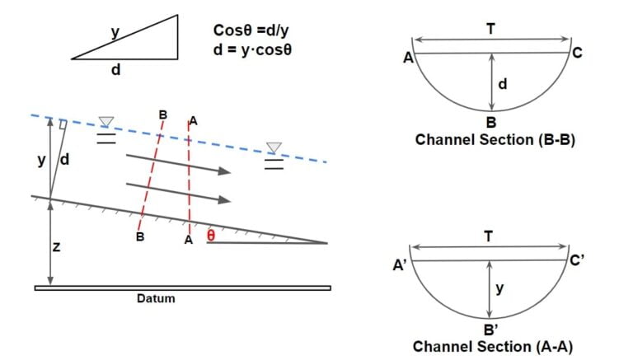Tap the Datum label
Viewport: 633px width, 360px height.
[x=156, y=298]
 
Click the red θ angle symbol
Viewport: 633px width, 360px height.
[x=211, y=236]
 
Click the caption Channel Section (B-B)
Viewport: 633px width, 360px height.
[x=495, y=139]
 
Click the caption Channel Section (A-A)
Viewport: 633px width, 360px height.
[x=492, y=347]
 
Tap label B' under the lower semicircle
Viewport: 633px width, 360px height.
[x=493, y=330]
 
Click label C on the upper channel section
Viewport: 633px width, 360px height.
[x=577, y=54]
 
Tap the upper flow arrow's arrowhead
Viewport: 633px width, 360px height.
[x=223, y=171]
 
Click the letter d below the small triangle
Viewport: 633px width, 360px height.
[x=116, y=70]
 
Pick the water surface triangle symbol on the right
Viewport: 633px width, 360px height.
[x=274, y=147]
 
